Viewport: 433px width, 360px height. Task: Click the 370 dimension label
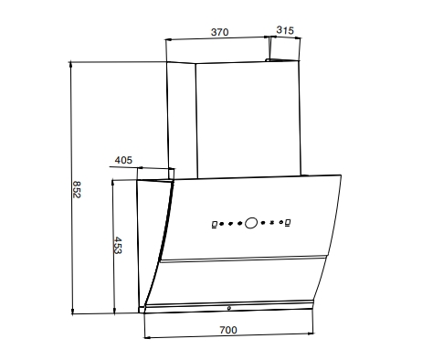(x=219, y=32)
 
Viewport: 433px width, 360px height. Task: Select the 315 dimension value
(x=285, y=30)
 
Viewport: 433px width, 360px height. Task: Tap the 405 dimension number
(x=123, y=160)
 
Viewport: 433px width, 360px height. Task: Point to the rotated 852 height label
(x=77, y=190)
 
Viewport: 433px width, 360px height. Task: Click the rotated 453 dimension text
(x=118, y=245)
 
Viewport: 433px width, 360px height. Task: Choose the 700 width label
(x=228, y=330)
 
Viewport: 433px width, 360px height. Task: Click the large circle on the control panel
(x=251, y=223)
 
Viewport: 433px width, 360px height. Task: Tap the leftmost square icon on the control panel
(x=215, y=225)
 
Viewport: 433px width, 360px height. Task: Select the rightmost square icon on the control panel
(x=288, y=222)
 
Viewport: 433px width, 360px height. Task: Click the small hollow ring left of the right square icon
(x=280, y=222)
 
